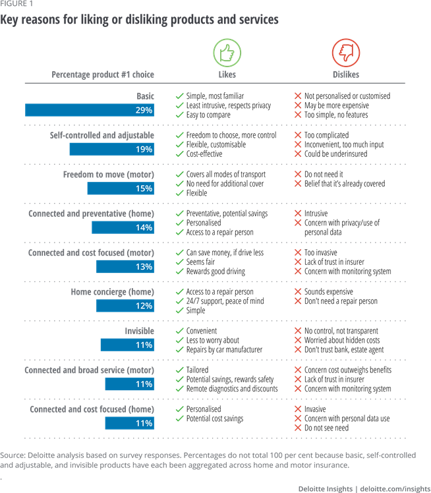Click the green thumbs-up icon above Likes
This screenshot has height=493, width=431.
tap(227, 53)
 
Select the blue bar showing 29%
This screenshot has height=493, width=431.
tap(90, 110)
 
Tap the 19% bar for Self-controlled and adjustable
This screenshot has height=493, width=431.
tap(112, 149)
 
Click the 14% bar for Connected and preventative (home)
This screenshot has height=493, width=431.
tap(123, 227)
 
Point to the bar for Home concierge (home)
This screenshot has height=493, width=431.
tap(125, 306)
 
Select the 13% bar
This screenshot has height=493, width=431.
tap(125, 267)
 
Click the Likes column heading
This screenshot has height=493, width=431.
tap(227, 74)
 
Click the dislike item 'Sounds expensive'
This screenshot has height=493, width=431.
tap(328, 292)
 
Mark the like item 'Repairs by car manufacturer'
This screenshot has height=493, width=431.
tap(224, 350)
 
